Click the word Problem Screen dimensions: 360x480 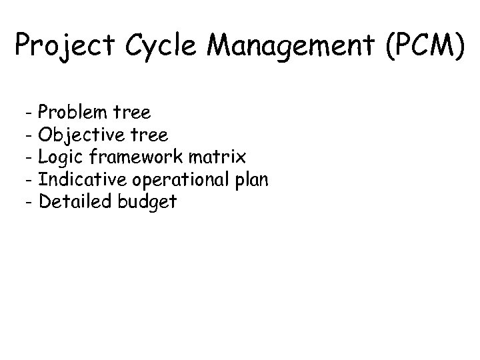(75, 112)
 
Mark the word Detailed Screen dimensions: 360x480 (75, 202)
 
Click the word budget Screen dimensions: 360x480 (147, 202)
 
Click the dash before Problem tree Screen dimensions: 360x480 (31, 112)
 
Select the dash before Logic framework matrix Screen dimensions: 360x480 (31, 157)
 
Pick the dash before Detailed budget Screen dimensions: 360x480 (31, 202)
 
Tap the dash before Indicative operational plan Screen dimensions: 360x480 (31, 179)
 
